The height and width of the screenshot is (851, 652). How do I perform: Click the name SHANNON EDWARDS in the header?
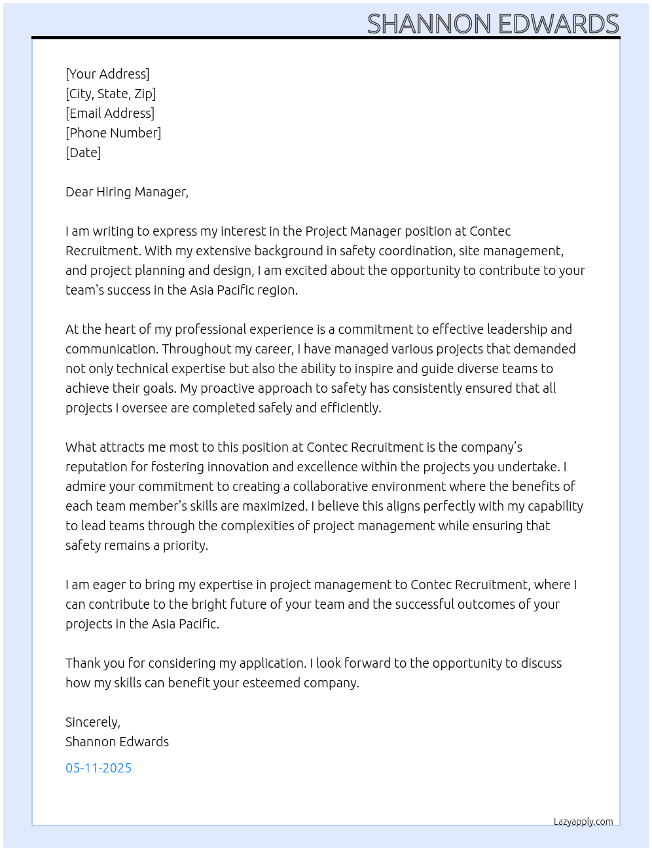(492, 24)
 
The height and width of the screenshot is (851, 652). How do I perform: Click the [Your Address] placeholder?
(107, 74)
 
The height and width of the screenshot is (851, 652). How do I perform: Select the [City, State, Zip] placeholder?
(111, 94)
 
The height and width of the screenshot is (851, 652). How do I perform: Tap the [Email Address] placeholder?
(110, 113)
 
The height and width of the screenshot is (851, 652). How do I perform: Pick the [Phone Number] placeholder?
(113, 133)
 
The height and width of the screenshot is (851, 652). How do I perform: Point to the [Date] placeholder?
(83, 153)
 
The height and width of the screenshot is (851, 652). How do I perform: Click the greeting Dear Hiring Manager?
(126, 192)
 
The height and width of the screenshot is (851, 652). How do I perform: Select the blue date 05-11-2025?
(98, 768)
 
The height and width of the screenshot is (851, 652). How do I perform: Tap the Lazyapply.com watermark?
(583, 822)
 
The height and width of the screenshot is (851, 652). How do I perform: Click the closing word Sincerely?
(92, 722)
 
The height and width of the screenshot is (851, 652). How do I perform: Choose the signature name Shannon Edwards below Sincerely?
(117, 742)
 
